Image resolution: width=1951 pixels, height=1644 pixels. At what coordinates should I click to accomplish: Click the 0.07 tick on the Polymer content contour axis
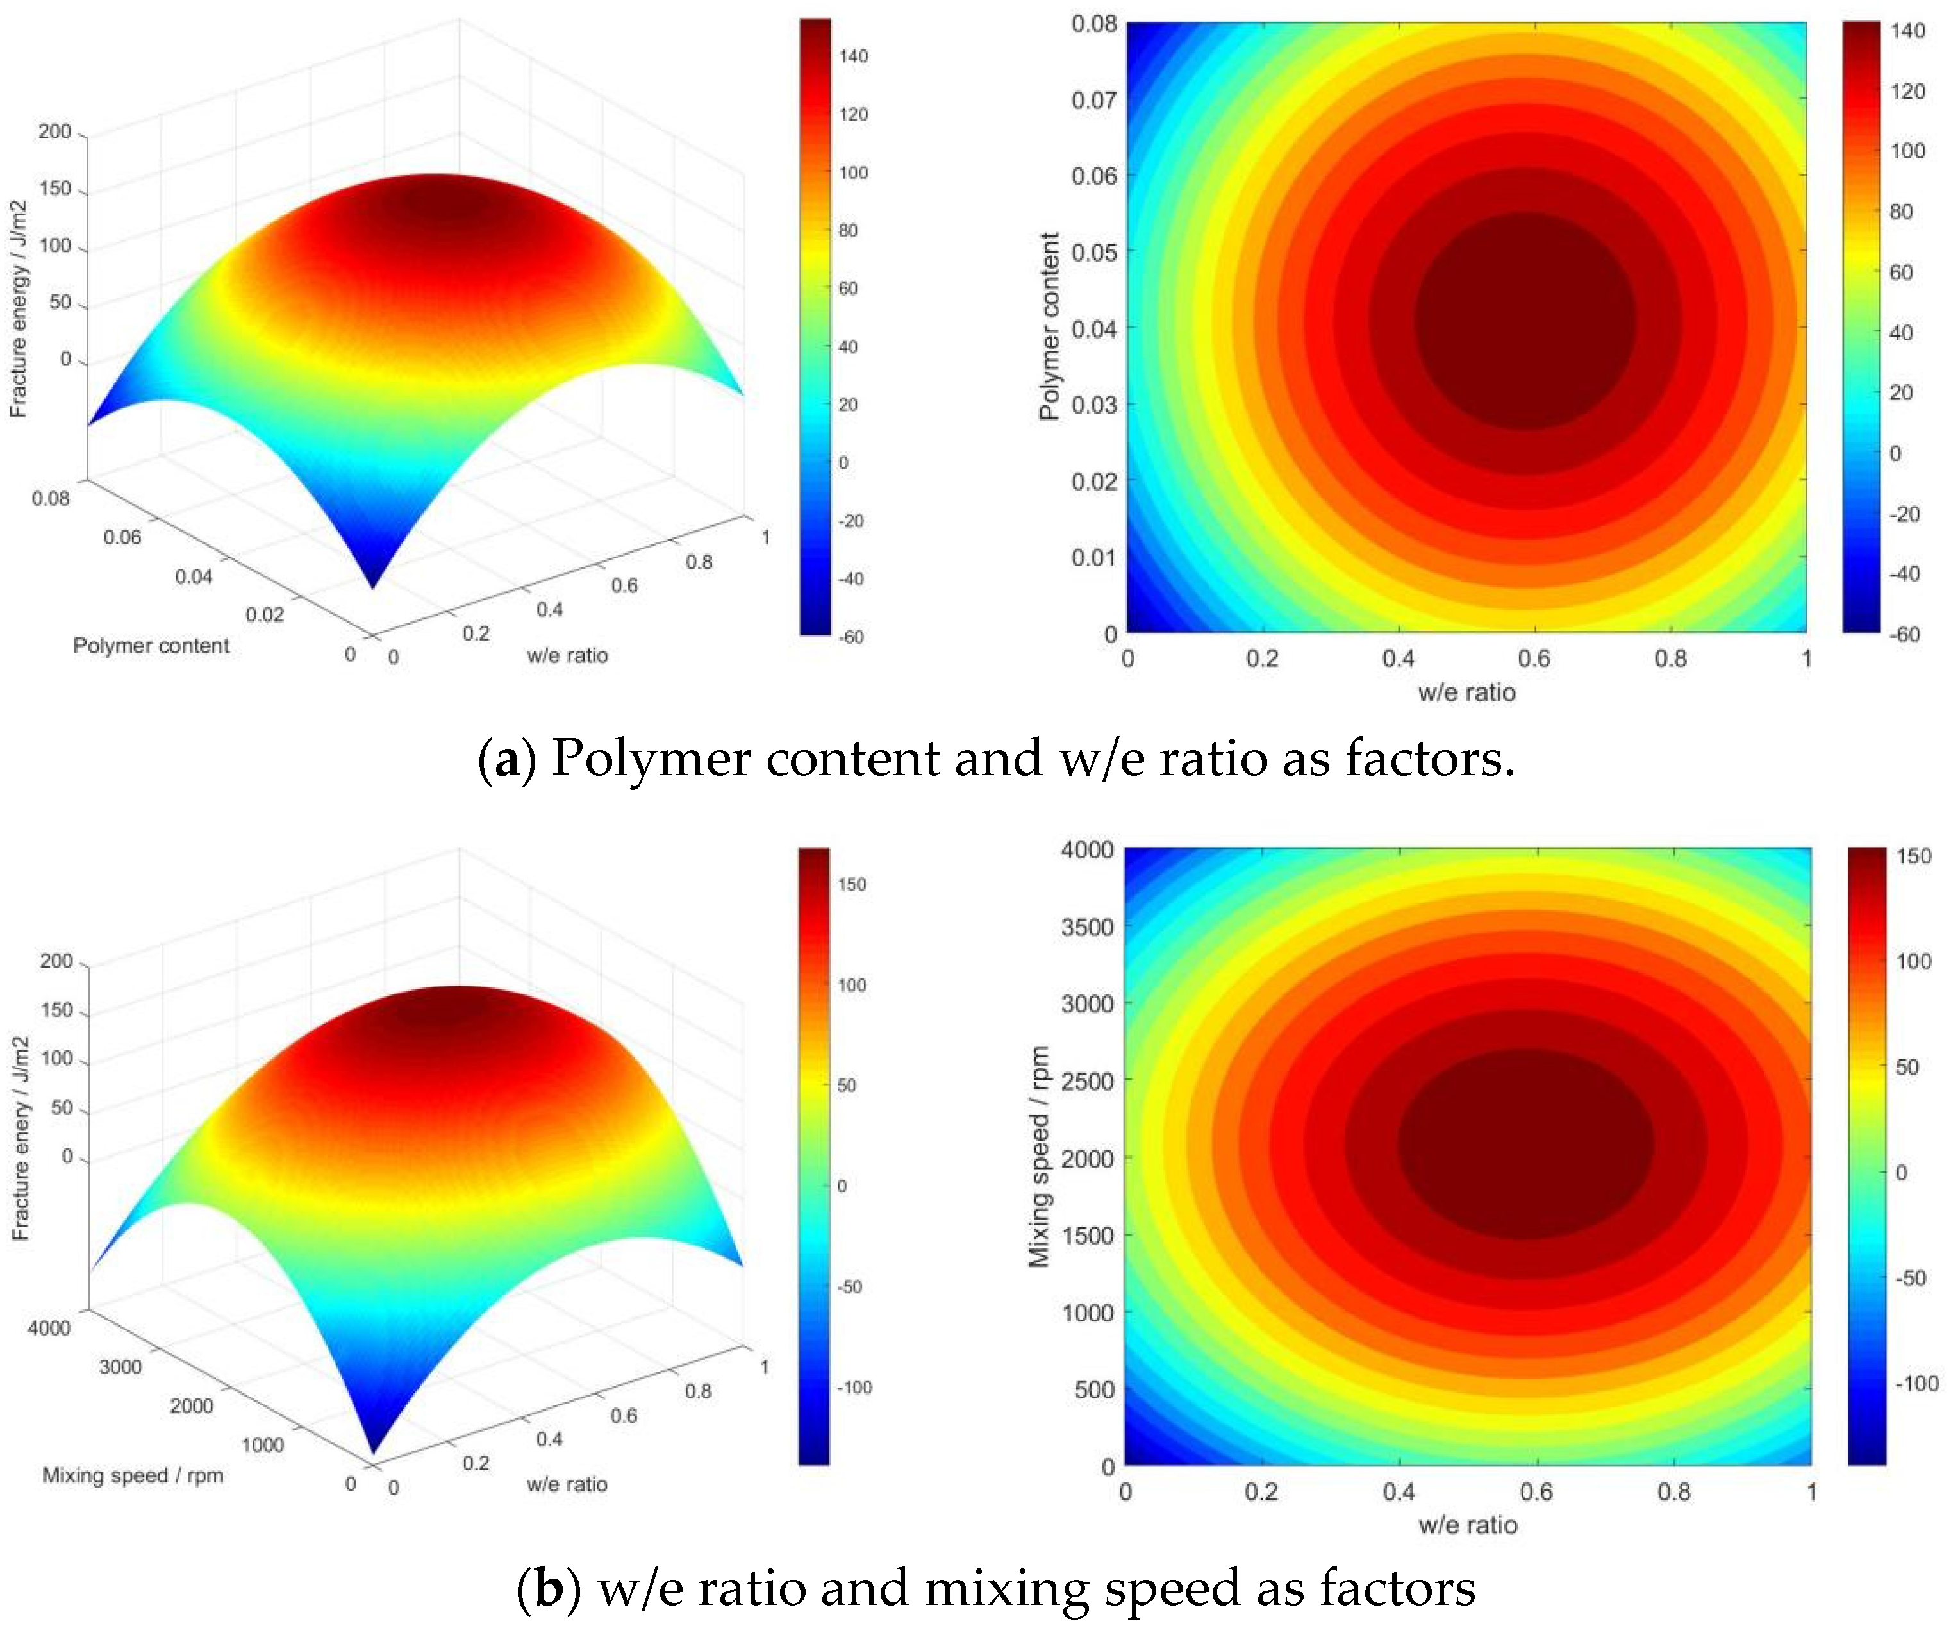point(1093,100)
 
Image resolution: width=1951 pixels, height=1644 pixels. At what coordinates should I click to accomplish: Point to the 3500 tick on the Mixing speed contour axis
point(1086,927)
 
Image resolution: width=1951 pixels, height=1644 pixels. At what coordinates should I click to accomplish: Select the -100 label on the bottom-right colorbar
point(1916,1383)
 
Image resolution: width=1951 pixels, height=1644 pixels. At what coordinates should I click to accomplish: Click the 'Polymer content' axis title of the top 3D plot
point(151,645)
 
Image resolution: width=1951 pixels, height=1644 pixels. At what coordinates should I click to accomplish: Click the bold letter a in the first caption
point(507,760)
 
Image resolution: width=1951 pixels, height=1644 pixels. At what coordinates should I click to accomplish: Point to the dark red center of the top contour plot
point(1525,321)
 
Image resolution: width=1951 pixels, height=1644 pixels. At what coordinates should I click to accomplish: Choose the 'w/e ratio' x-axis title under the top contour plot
point(1466,692)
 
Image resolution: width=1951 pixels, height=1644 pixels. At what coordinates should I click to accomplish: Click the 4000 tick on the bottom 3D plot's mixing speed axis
point(49,1328)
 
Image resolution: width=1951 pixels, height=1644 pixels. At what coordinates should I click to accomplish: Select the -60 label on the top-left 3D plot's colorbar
point(850,637)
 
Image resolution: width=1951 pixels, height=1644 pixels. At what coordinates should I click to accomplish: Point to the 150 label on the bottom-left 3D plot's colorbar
point(852,884)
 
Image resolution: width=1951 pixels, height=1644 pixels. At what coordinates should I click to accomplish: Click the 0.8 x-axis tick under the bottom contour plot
point(1673,1491)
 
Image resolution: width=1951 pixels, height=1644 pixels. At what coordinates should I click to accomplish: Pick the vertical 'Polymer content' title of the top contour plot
point(1049,326)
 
